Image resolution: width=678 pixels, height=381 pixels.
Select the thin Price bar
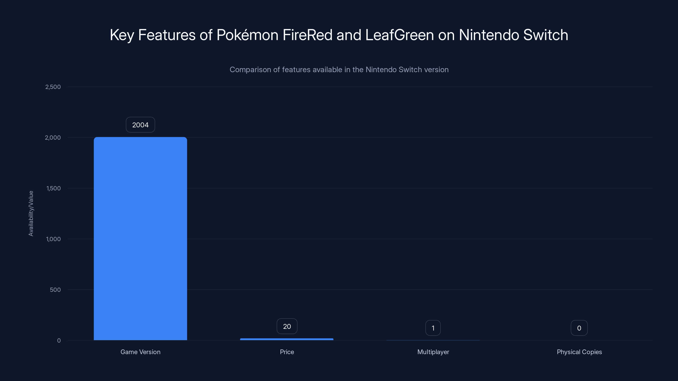[287, 339]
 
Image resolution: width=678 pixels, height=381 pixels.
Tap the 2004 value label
[140, 125]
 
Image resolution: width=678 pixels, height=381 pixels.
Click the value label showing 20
[287, 326]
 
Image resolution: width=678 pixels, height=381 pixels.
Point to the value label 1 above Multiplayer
[433, 328]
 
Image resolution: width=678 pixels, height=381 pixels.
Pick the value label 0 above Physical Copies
[579, 328]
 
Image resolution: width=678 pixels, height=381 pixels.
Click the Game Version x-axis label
[140, 352]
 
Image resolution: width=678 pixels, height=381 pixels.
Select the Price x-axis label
[287, 352]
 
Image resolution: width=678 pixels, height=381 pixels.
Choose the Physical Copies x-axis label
[579, 352]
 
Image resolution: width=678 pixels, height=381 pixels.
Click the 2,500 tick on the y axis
[53, 87]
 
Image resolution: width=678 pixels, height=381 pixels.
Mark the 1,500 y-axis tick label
[53, 188]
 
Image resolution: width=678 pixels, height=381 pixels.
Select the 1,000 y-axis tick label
[53, 239]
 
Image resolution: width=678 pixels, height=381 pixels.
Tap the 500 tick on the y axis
[55, 290]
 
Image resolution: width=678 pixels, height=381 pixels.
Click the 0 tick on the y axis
[59, 341]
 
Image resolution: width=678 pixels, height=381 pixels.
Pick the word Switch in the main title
[546, 35]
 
